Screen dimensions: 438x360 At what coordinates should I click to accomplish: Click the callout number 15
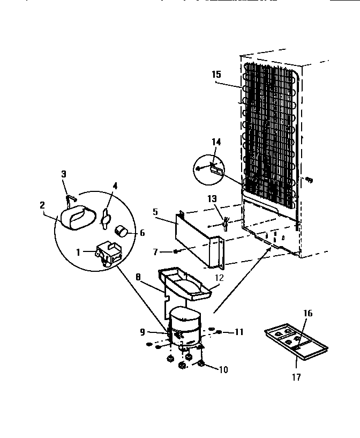(216, 74)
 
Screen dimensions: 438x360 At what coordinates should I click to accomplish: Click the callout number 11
(239, 332)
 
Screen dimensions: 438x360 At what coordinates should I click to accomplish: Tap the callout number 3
(64, 174)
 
